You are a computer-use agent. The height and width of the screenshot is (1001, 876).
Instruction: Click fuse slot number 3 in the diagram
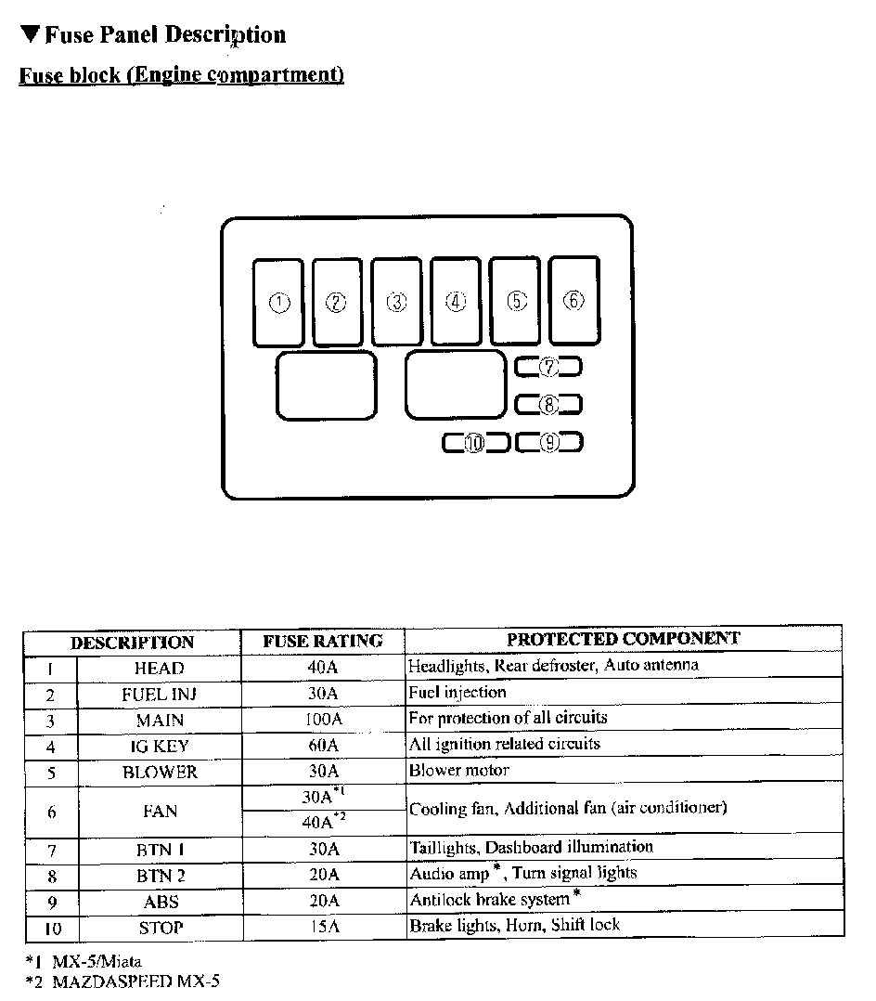click(x=396, y=302)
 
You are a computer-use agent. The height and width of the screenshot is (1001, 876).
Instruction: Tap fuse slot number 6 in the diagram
click(x=573, y=300)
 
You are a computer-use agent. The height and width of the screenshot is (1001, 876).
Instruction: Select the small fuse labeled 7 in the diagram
click(x=548, y=367)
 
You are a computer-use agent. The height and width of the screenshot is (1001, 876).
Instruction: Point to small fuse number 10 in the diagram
click(x=475, y=443)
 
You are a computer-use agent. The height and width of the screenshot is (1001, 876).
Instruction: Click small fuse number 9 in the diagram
click(x=549, y=443)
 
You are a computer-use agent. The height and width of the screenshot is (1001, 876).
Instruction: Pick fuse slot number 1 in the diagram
click(x=278, y=303)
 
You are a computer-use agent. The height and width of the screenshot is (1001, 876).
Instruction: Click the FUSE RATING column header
click(x=323, y=641)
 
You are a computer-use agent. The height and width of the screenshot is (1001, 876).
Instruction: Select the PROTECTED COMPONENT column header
click(x=624, y=639)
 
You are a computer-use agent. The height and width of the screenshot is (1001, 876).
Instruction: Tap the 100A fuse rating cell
click(x=323, y=720)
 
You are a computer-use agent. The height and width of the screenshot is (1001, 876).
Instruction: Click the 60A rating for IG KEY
click(x=323, y=746)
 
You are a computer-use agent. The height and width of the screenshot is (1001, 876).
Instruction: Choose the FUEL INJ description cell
click(x=159, y=695)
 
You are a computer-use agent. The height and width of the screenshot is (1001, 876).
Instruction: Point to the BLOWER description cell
click(x=159, y=772)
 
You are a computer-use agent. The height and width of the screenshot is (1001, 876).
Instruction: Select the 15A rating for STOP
click(x=323, y=927)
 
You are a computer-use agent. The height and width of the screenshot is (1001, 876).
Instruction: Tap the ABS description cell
click(x=159, y=901)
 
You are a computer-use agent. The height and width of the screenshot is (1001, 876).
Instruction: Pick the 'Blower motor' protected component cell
click(x=459, y=771)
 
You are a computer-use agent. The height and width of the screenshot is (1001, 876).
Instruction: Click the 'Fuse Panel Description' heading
click(x=152, y=35)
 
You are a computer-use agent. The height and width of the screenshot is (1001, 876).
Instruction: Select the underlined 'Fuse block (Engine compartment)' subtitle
click(x=182, y=75)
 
